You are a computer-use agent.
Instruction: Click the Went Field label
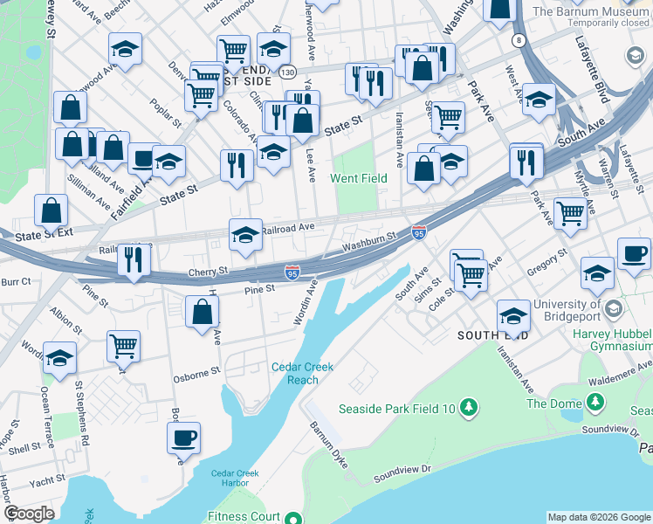358,178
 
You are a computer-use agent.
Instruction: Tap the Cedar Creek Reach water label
302,374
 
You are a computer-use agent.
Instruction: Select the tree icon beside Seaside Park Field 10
469,406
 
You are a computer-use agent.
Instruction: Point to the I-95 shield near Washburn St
418,232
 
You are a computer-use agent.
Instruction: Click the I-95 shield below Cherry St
292,273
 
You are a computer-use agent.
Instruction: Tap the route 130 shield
288,71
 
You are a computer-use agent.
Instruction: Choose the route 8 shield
519,40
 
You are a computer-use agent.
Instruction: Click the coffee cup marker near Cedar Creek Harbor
183,438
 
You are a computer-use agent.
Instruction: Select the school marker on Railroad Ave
245,235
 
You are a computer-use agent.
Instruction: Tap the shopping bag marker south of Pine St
203,312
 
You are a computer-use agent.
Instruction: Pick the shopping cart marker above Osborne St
123,346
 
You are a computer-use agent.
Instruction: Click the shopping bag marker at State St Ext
52,210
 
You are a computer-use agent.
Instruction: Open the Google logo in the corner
29,514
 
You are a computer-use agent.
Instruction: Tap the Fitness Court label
244,517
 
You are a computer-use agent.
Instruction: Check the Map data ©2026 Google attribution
599,516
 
